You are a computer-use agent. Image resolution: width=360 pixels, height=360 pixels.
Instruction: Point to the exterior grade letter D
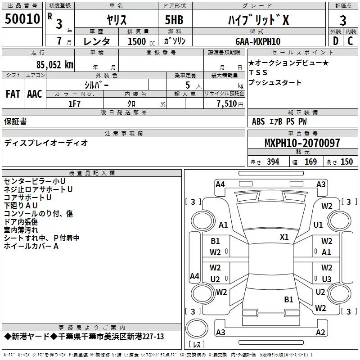coord(335,41)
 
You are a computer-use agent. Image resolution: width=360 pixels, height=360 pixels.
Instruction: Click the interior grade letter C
coord(350,41)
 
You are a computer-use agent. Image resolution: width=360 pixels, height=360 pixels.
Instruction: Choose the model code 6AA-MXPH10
coord(257,41)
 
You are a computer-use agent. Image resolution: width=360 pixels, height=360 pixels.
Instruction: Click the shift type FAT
coord(13,94)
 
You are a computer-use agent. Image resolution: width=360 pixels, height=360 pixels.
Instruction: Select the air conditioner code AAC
coord(34,94)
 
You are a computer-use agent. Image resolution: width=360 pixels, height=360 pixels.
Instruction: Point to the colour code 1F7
coord(74,103)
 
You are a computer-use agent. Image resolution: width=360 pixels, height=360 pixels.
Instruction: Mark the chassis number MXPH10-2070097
coord(302,144)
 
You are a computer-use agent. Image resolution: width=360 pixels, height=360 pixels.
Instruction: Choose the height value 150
coord(346,162)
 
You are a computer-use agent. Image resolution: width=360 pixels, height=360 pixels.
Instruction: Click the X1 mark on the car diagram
coord(284,237)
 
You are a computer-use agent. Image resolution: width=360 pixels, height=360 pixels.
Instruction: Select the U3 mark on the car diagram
coord(327,279)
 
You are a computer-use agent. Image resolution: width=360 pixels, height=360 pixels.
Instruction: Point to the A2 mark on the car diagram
coord(320,333)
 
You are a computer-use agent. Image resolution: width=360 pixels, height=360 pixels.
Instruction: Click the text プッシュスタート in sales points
coord(274,83)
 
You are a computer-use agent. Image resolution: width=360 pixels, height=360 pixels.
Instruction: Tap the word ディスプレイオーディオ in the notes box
coord(46,143)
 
